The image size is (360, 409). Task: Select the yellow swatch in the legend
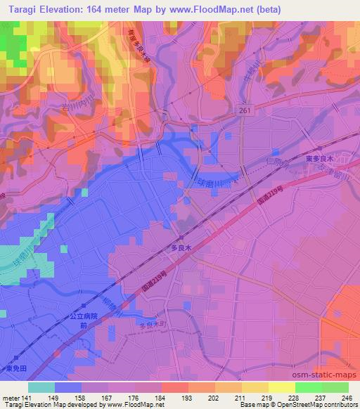click(x=281, y=387)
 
